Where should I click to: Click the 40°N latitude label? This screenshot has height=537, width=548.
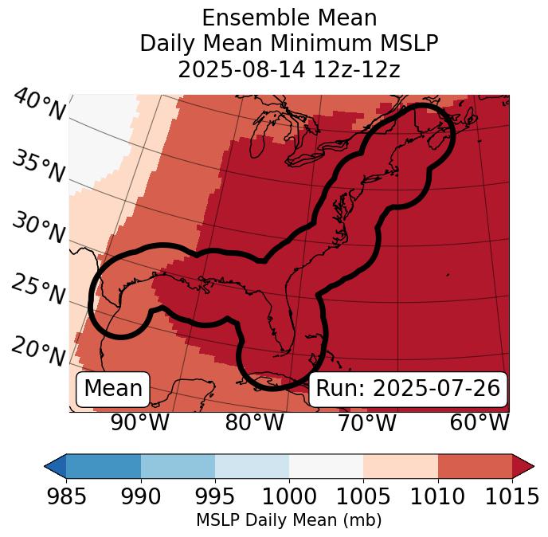click(x=38, y=105)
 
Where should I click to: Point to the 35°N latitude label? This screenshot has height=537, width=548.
click(x=37, y=167)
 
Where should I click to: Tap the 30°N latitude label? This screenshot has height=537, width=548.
click(x=37, y=229)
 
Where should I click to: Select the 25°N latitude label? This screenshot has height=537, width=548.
click(x=37, y=290)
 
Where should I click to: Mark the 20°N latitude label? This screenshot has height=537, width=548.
click(x=37, y=351)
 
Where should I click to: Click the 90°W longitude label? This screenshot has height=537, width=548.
click(x=139, y=423)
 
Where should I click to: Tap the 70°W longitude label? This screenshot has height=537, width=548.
click(x=367, y=423)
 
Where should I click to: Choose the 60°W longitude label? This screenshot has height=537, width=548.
click(x=479, y=423)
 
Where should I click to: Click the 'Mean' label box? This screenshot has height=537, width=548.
click(x=113, y=389)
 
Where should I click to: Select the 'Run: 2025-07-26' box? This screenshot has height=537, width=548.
click(x=408, y=389)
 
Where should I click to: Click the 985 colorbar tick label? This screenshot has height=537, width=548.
click(x=66, y=497)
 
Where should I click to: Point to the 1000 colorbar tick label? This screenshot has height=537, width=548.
click(x=289, y=497)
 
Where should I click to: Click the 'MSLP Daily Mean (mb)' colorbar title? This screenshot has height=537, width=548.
click(x=288, y=521)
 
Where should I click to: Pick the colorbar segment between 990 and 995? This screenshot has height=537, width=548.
click(x=178, y=466)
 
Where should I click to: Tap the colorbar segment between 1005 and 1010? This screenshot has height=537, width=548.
click(x=401, y=466)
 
